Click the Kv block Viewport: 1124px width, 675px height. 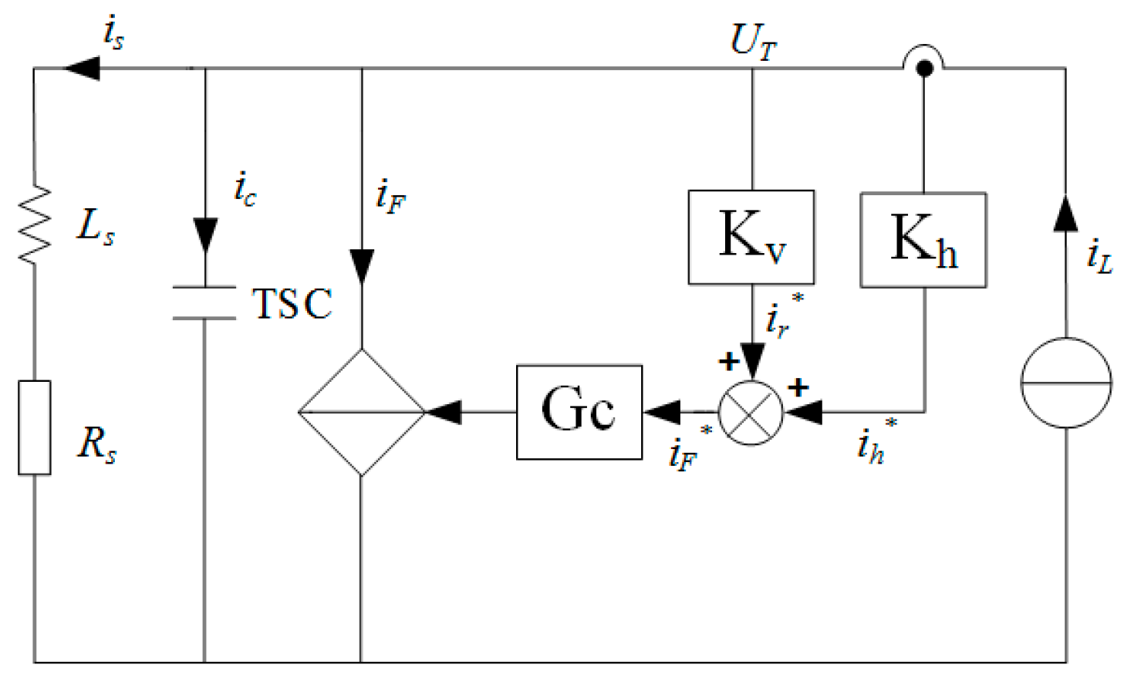pos(751,237)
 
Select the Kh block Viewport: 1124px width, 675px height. pos(923,240)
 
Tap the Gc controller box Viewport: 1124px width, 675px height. pos(579,411)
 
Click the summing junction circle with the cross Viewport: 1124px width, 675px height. pos(750,413)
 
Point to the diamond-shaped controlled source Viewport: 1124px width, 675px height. pos(361,411)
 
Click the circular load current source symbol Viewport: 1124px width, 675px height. pos(1065,382)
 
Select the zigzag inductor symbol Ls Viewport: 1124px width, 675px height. pos(35,225)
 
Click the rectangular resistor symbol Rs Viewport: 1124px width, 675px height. pos(35,427)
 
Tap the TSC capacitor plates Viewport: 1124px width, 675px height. pos(204,302)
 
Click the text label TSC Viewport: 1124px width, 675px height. pos(292,303)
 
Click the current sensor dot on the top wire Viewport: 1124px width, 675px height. pos(923,68)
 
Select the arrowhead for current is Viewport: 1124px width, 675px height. pos(82,68)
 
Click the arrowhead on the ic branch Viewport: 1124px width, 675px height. pos(205,234)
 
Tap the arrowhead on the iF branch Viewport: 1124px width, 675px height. pos(362,265)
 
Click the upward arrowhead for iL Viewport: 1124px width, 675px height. pos(1065,213)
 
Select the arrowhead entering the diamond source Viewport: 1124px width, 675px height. pos(444,412)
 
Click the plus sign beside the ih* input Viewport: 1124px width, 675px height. pos(798,386)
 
